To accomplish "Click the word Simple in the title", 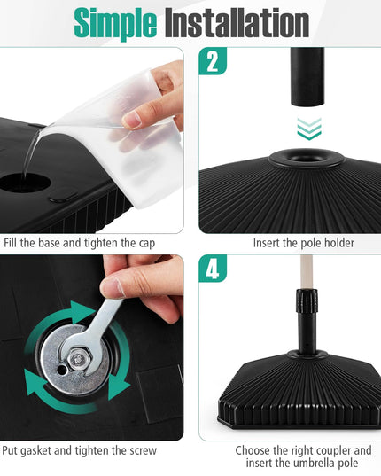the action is (115, 23).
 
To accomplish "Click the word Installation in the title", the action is (237, 22).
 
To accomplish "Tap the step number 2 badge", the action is (213, 61).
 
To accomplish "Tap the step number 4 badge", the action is (213, 269).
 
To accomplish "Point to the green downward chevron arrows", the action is (309, 129).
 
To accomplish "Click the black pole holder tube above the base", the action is (307, 76).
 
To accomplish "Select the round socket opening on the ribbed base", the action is (307, 158).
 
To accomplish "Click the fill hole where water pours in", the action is (25, 183).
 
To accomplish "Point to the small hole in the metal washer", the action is (62, 370).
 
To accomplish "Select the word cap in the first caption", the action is (147, 244).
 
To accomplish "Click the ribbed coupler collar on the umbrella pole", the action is (307, 301).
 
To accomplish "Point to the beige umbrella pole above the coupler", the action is (306, 272).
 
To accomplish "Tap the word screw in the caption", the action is (144, 451).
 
